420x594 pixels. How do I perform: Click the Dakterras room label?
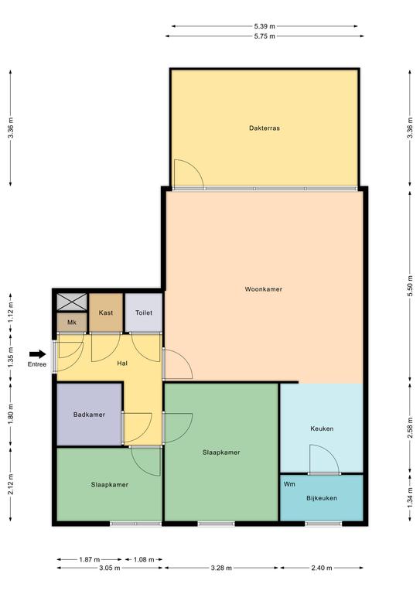coord(265,128)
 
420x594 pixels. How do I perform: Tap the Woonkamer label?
coord(263,289)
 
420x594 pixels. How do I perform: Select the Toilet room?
coord(144,313)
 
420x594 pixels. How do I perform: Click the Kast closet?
coord(106,313)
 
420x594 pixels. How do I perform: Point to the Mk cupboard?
coord(72,323)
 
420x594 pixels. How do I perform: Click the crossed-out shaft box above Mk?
coord(72,302)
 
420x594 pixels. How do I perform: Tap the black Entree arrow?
coord(37,354)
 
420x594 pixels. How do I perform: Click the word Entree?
coord(37,364)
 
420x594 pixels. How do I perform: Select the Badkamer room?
coord(90,415)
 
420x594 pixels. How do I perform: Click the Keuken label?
coord(322,428)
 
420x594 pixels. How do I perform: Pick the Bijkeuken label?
coord(322,498)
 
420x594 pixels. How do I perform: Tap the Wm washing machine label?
coord(289,484)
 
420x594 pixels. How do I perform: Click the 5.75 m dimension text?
coord(265,36)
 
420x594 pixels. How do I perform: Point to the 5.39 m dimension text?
coord(265,26)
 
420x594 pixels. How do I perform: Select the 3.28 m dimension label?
coord(221,568)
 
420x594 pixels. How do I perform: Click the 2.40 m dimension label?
coord(321,568)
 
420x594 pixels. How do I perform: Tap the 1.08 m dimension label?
coord(144,559)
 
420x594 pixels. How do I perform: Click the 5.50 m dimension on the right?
coord(410,285)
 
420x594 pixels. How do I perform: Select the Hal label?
coord(122,364)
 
